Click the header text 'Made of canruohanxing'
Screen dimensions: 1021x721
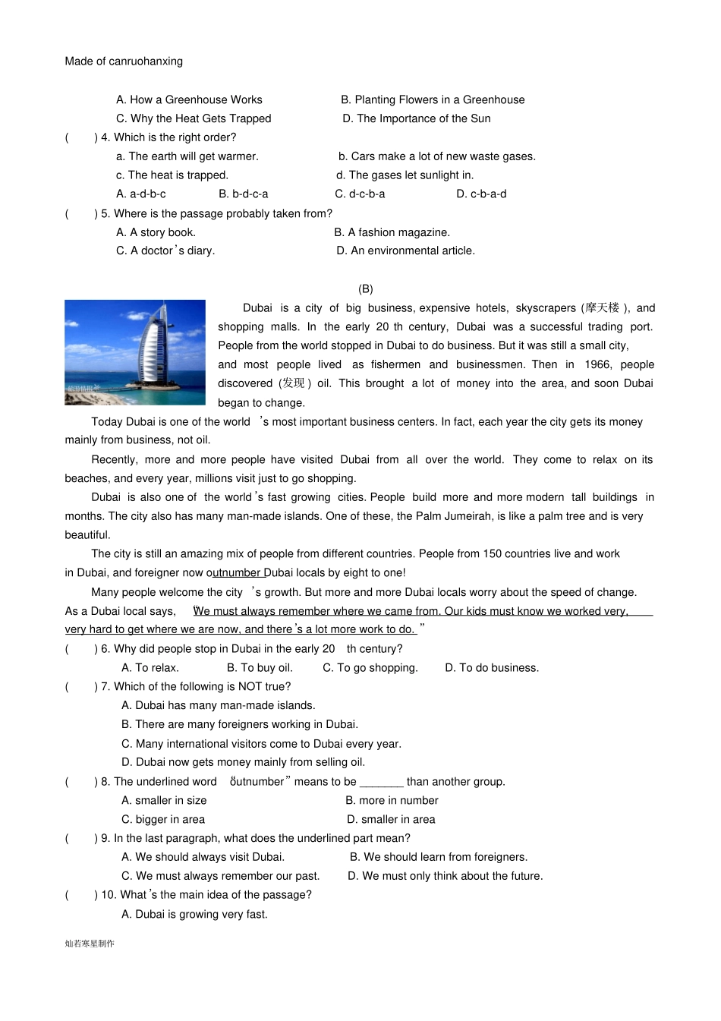click(124, 61)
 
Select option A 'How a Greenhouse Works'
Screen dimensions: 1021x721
click(189, 99)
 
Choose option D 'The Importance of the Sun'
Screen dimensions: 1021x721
click(416, 118)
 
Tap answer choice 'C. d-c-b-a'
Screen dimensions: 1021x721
click(360, 194)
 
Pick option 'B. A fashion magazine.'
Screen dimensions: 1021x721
click(392, 232)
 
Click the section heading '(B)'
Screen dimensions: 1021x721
click(366, 289)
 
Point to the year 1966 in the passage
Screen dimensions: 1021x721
click(598, 364)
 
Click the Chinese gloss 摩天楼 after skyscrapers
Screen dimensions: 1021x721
click(602, 308)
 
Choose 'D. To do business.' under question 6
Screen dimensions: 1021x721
click(492, 668)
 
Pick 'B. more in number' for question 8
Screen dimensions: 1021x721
click(392, 801)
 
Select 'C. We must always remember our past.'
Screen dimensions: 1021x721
click(220, 876)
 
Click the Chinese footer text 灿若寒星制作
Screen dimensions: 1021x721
click(90, 944)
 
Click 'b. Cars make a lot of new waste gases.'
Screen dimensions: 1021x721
click(437, 156)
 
